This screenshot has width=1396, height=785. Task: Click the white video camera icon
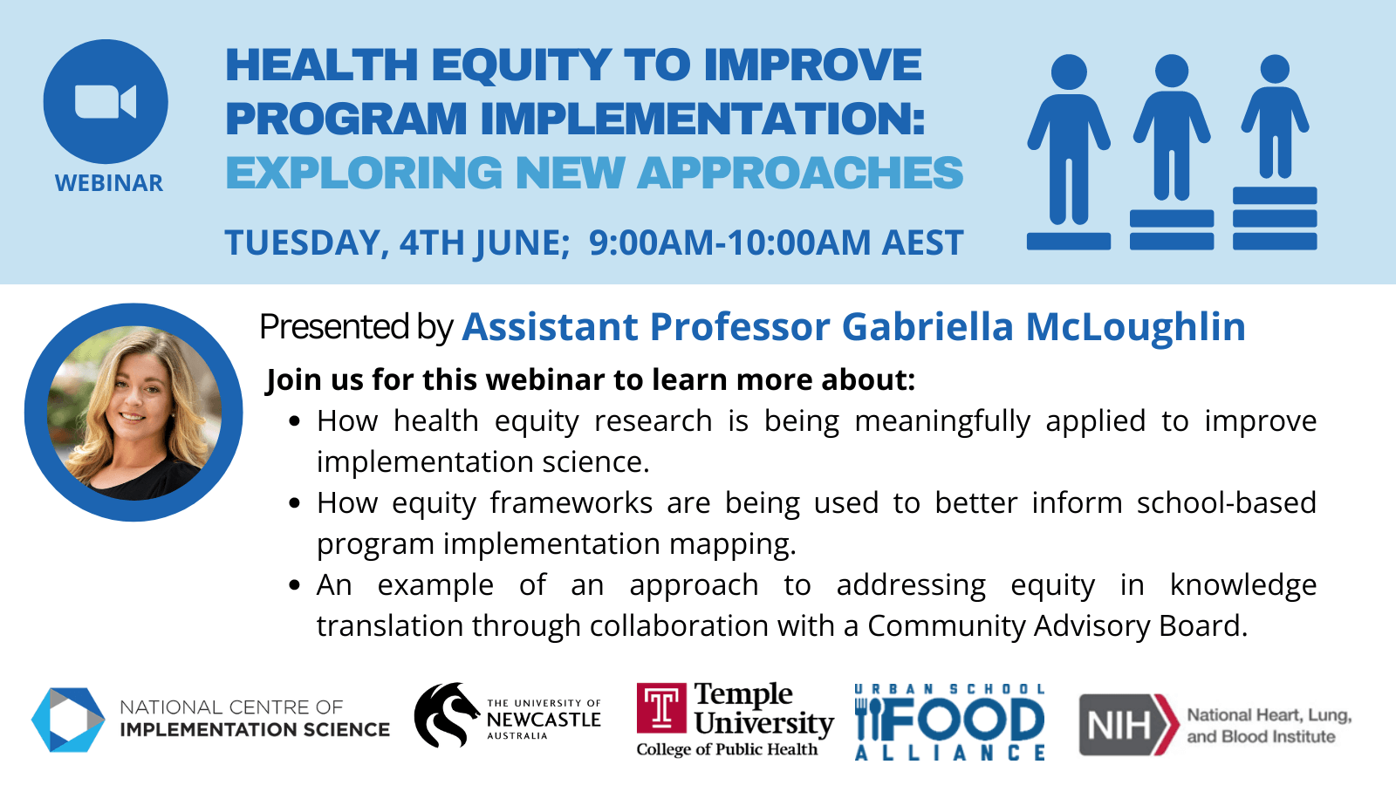tap(106, 101)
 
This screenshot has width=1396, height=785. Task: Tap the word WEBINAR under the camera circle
tap(109, 183)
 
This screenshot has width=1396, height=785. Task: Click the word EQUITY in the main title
tap(520, 65)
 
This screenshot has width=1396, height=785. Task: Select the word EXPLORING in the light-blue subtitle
tap(364, 173)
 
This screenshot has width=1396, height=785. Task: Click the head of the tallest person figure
tap(1069, 72)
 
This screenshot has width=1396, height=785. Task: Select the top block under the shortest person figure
tap(1275, 195)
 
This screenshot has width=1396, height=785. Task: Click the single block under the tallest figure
tap(1069, 241)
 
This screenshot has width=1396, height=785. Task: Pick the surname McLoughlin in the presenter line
tap(1135, 326)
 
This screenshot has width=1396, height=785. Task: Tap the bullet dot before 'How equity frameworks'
tap(296, 502)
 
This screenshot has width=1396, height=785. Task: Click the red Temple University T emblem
tap(661, 708)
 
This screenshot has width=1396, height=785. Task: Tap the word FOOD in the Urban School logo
tap(950, 720)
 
